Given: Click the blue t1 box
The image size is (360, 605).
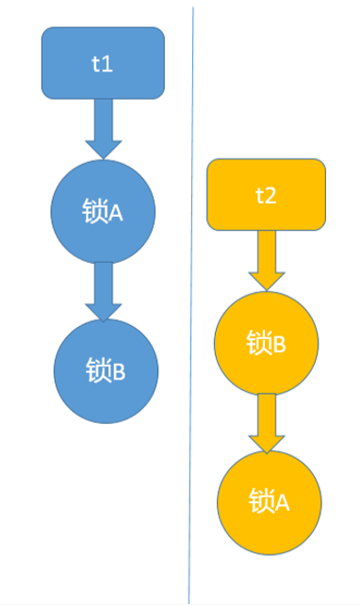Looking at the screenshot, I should [x=103, y=63].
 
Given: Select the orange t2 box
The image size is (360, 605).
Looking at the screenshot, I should [x=266, y=195].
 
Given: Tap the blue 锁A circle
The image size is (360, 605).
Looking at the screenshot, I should [x=103, y=213].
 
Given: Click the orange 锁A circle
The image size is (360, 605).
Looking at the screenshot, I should [x=269, y=500].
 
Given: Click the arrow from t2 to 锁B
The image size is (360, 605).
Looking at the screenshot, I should [x=266, y=258].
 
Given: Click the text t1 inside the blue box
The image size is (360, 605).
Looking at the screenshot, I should [x=103, y=65].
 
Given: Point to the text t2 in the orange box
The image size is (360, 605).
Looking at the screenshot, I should [x=266, y=196].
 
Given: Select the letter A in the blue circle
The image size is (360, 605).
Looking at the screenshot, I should [x=117, y=213].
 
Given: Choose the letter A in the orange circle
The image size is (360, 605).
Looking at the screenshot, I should [x=282, y=501].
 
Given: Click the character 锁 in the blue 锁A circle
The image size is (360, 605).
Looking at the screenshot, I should [x=93, y=213].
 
